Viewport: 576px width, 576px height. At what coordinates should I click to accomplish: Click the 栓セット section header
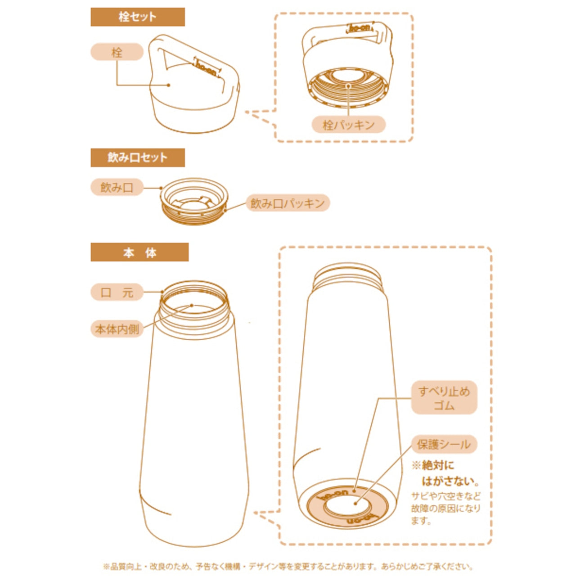[138, 17]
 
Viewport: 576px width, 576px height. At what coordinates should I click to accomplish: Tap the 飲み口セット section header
[138, 157]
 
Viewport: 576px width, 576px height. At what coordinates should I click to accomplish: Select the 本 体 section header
[139, 252]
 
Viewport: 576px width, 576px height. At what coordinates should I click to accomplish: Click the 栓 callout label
[117, 52]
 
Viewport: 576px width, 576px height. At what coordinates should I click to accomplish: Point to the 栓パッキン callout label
[349, 124]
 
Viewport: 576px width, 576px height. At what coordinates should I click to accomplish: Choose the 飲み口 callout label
[117, 187]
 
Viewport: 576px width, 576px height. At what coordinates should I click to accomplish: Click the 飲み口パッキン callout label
[288, 203]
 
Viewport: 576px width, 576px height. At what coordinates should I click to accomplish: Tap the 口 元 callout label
[117, 292]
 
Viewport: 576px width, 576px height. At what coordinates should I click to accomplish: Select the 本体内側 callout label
[117, 329]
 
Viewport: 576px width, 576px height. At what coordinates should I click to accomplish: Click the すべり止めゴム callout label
[444, 397]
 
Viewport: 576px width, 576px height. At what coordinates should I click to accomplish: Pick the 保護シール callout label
[444, 444]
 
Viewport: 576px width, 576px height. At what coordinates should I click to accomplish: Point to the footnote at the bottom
[288, 558]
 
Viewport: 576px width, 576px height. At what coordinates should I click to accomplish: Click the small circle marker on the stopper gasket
[348, 86]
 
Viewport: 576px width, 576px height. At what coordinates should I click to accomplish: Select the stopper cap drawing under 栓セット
[194, 84]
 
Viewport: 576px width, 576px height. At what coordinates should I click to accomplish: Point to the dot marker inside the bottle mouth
[192, 305]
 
